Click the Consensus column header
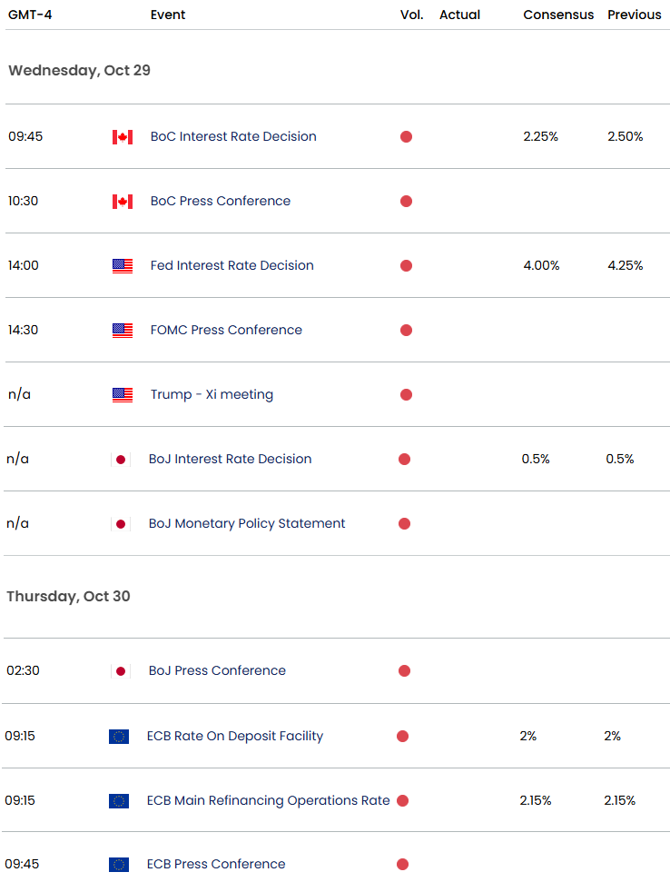coord(558,15)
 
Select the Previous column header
coord(634,15)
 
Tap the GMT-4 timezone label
coord(28,15)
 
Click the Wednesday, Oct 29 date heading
coord(79,70)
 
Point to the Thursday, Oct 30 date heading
coord(68,596)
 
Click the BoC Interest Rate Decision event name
coord(233,136)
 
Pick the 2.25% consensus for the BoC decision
coord(541,136)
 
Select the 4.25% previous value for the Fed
coord(626,265)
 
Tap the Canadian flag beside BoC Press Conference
coord(123,202)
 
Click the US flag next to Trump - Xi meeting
coord(123,395)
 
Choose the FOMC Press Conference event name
coord(226,330)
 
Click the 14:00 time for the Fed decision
coord(24,265)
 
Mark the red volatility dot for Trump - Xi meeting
coord(406,394)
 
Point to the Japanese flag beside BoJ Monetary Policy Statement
coord(120,524)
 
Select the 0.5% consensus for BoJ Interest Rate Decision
coord(536,459)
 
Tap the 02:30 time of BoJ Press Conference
coord(24,670)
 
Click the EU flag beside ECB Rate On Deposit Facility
coord(119,737)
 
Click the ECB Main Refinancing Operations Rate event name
coord(268,800)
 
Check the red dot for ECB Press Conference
coord(402,865)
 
